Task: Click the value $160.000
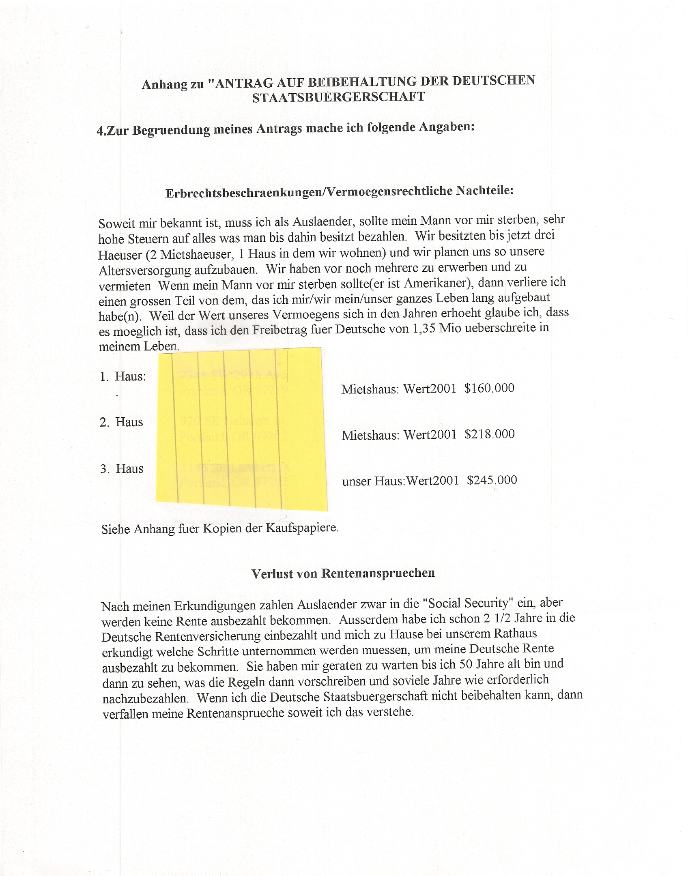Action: [489, 388]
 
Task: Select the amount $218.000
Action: [490, 434]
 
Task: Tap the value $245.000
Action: [492, 480]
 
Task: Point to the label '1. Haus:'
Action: [123, 376]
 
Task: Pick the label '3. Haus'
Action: [122, 469]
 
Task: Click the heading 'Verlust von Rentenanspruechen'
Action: [343, 573]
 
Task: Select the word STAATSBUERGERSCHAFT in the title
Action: [338, 97]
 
